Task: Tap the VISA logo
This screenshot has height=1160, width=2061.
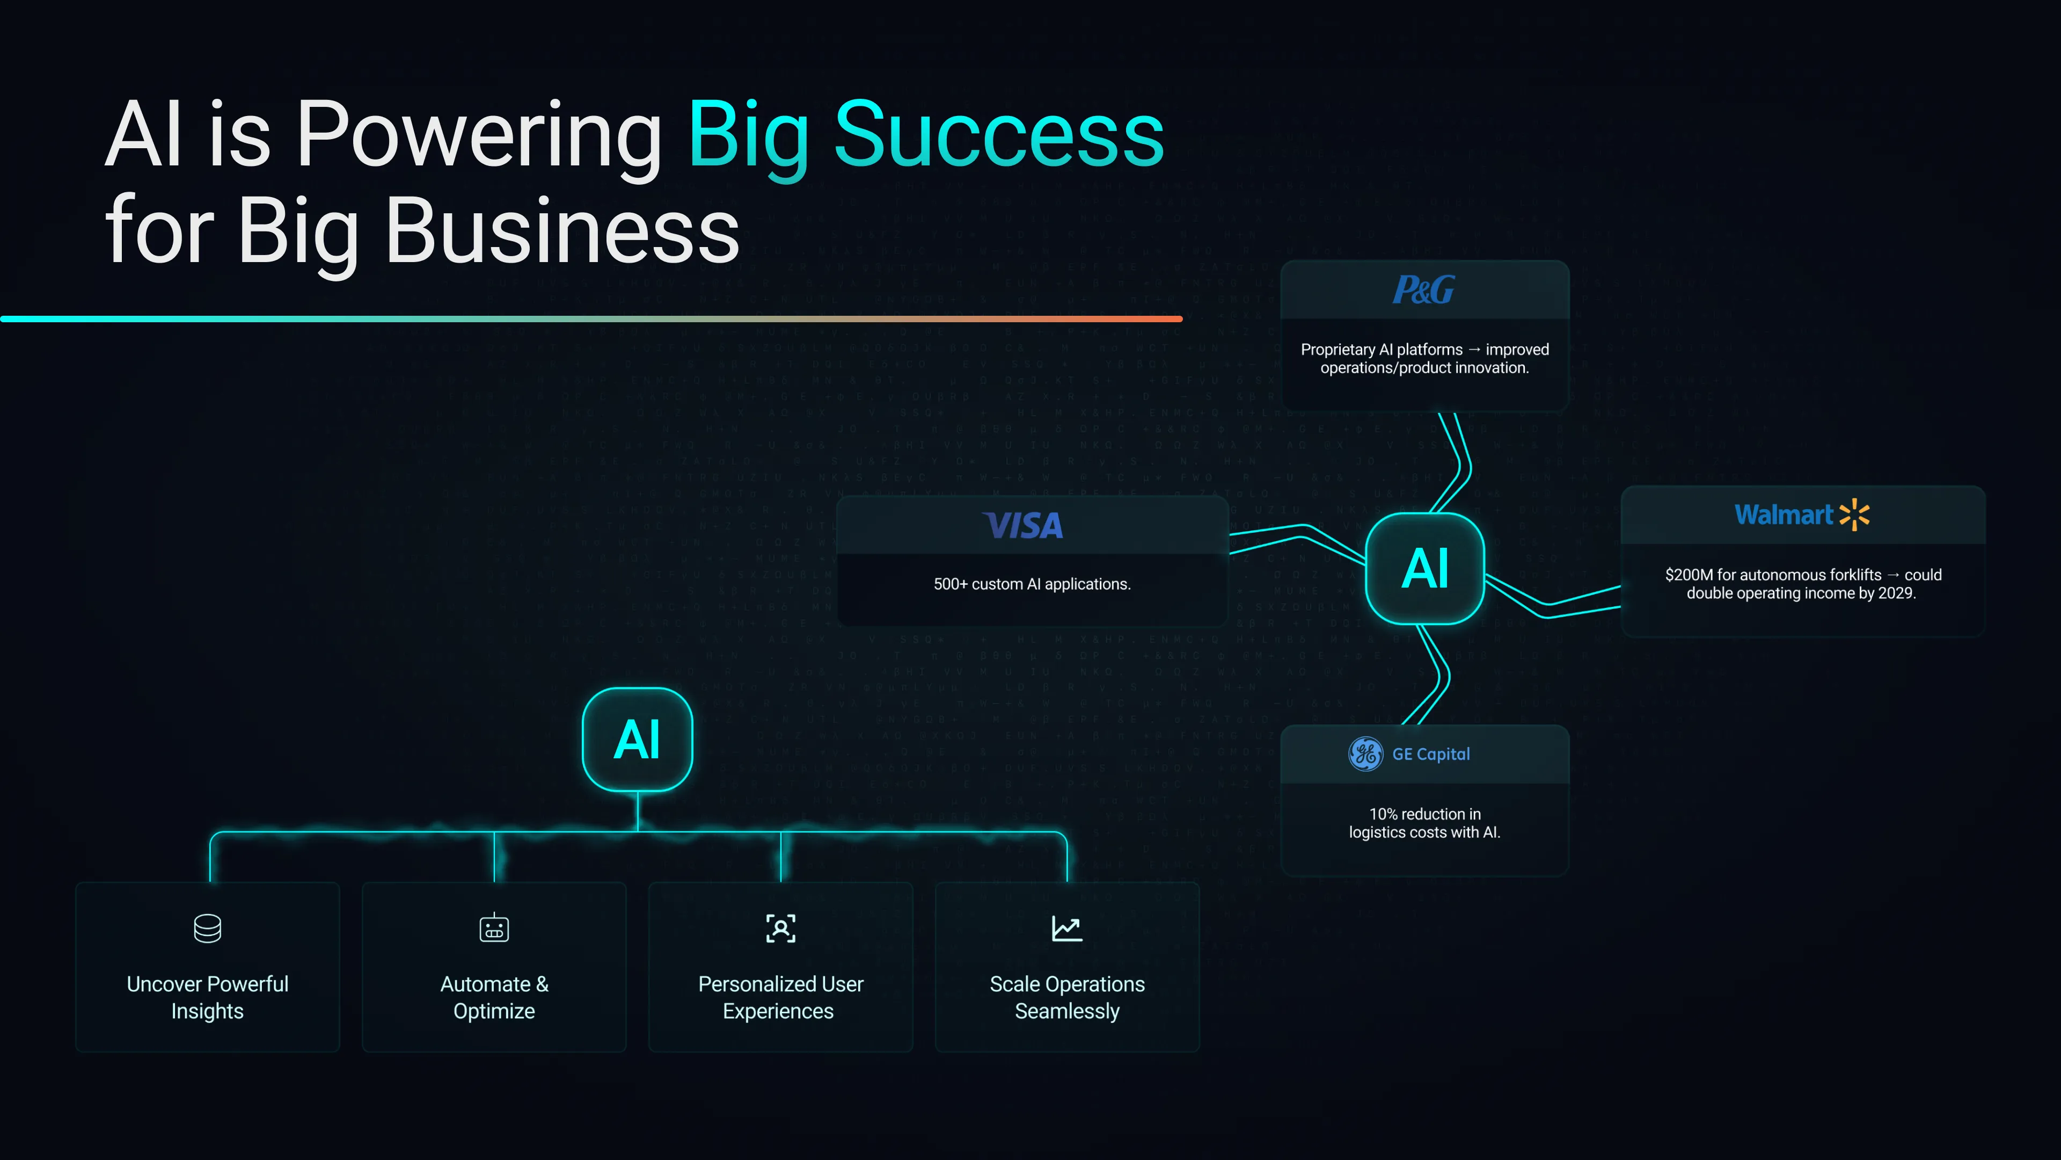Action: click(1024, 526)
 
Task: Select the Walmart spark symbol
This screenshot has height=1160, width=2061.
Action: click(1854, 515)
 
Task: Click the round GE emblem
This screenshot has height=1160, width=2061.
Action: click(1365, 754)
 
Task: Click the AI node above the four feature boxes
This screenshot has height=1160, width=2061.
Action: click(637, 740)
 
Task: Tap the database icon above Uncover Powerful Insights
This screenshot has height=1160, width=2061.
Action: click(207, 929)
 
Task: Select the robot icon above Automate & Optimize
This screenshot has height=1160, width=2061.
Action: click(494, 929)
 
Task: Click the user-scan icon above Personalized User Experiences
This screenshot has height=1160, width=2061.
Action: click(780, 929)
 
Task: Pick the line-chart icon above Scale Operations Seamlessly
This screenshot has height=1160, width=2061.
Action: click(1066, 929)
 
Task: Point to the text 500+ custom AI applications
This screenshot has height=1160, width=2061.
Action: click(1031, 584)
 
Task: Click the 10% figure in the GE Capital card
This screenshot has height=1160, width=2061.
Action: click(1383, 814)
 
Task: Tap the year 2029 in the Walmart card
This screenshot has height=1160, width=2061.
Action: click(1894, 593)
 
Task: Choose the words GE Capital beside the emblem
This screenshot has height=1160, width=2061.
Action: click(1430, 754)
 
